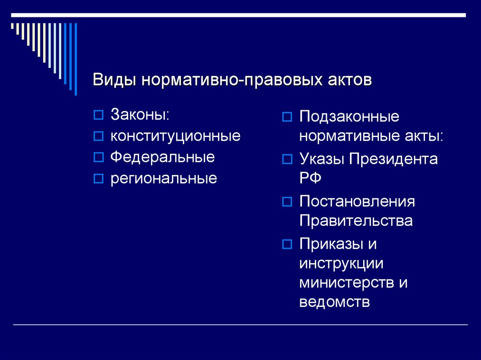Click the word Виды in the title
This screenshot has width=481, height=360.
114,80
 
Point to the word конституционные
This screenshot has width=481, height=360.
176,136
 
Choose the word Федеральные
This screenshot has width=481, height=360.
163,157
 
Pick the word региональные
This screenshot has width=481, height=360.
164,178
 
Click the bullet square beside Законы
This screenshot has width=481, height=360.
99,115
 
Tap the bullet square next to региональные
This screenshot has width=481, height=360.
99,178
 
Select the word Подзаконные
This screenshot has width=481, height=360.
349,117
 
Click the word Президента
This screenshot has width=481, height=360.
393,159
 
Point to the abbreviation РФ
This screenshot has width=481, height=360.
310,177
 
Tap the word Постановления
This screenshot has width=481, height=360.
357,201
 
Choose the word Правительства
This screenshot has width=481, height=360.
356,221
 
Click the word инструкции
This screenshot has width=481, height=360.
341,263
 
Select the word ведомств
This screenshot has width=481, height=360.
334,302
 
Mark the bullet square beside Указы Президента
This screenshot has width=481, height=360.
287,159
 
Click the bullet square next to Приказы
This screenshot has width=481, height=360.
287,244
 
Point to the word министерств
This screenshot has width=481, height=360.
347,283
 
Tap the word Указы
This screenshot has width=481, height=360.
322,159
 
